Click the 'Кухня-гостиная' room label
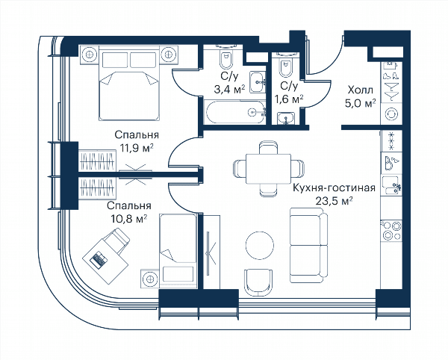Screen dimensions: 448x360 334,188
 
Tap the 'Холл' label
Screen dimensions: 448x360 361,90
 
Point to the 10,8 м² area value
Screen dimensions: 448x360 130,220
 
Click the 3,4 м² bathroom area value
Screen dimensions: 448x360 230,90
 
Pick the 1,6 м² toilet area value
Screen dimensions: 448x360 289,99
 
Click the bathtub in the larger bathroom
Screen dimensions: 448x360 235,112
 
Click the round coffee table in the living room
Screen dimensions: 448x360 260,246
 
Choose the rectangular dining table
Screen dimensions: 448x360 269,169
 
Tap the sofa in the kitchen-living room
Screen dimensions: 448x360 308,245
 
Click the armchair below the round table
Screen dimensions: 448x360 258,283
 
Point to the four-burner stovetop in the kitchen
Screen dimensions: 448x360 391,231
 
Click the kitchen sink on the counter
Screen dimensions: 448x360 391,185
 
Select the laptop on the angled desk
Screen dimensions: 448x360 99,259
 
